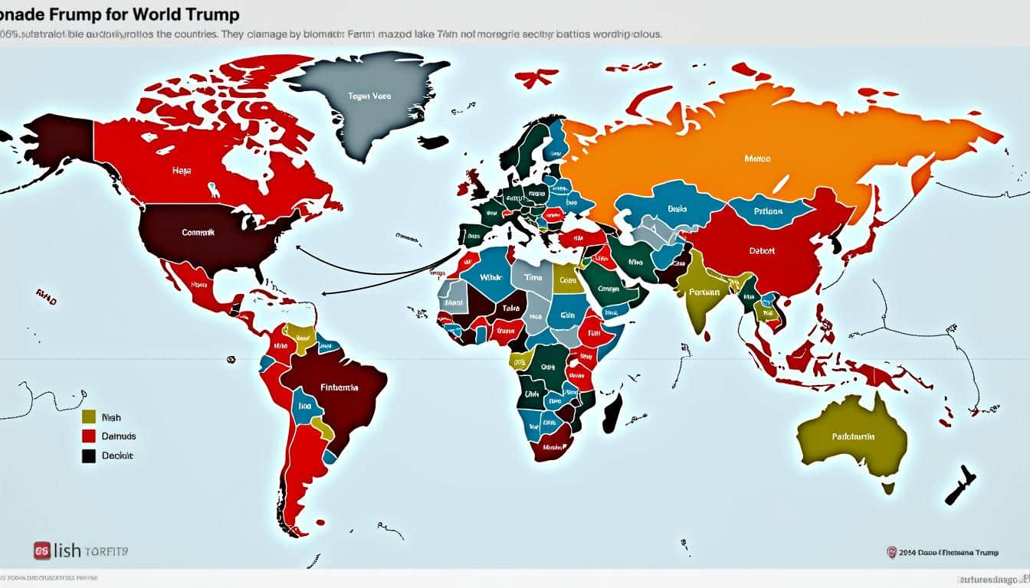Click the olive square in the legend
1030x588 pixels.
pyautogui.click(x=89, y=416)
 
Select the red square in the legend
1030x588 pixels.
pyautogui.click(x=89, y=436)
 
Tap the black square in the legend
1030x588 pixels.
pyautogui.click(x=89, y=456)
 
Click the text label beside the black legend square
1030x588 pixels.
pyautogui.click(x=117, y=456)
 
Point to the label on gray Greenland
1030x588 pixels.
pyautogui.click(x=370, y=96)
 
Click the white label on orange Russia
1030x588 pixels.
pyautogui.click(x=757, y=159)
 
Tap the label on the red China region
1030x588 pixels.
pyautogui.click(x=761, y=250)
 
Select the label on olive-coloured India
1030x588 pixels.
pyautogui.click(x=704, y=292)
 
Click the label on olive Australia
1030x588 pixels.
pyautogui.click(x=853, y=437)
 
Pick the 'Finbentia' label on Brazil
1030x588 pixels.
pyautogui.click(x=339, y=387)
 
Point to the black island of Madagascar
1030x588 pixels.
pyautogui.click(x=612, y=410)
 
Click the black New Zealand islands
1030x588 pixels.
pyautogui.click(x=961, y=485)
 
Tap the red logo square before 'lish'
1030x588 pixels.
pyautogui.click(x=42, y=550)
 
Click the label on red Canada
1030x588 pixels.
pyautogui.click(x=182, y=171)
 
